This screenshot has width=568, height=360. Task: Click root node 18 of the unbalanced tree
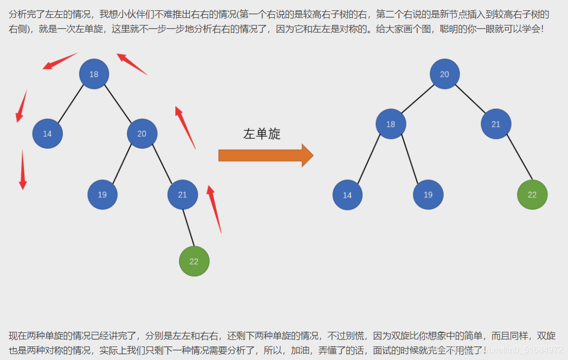[x=94, y=74]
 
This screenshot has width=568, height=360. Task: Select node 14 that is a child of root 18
[x=47, y=133]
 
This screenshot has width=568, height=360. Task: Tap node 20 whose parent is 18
[x=142, y=133]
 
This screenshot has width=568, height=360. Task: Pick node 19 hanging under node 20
[x=103, y=194]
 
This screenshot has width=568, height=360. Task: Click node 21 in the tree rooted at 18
[x=182, y=194]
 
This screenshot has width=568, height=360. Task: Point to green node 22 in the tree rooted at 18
[x=194, y=261]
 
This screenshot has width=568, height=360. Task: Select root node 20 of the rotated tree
[x=445, y=74]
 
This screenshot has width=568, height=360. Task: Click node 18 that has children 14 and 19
[x=391, y=124]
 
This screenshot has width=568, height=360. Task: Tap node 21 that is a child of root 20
[x=496, y=124]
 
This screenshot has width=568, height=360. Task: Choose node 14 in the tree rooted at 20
[x=347, y=195]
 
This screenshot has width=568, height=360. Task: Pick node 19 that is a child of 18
[x=428, y=195]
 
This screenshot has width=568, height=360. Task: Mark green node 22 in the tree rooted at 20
[x=532, y=195]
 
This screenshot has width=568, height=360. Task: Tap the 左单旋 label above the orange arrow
[x=262, y=134]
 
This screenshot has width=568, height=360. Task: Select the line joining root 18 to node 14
[x=71, y=103]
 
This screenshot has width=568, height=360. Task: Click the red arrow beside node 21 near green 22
[x=214, y=209]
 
